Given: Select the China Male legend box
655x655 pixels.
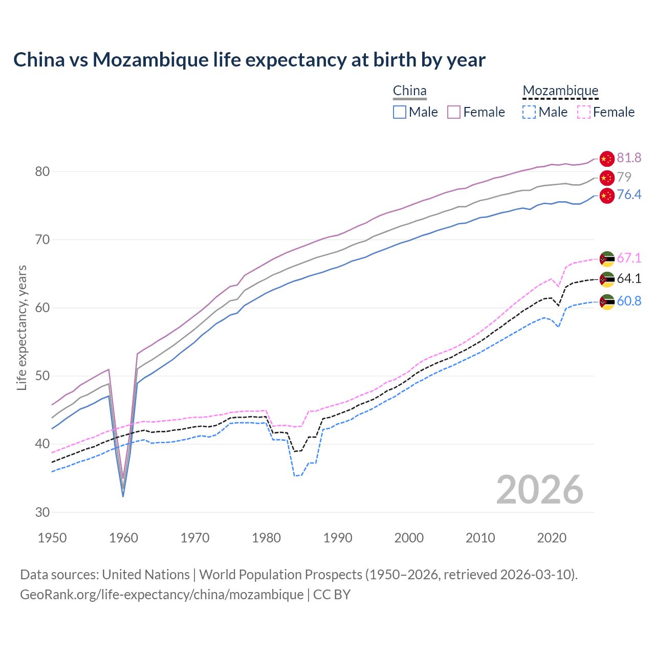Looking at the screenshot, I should click(x=400, y=112).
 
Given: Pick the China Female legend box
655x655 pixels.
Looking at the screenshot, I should click(x=454, y=112).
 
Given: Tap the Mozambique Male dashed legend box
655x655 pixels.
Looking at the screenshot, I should click(x=529, y=112).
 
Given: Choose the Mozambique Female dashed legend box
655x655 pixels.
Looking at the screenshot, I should click(x=583, y=112).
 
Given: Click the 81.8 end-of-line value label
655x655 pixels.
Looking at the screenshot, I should click(x=629, y=158).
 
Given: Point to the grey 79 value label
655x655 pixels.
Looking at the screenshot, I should click(x=624, y=177).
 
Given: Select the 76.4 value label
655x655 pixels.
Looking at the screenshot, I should click(x=629, y=195).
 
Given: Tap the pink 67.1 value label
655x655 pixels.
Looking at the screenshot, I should click(x=629, y=258).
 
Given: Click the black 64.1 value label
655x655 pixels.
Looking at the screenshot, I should click(x=629, y=279).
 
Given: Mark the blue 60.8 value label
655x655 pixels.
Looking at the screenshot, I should click(x=629, y=301).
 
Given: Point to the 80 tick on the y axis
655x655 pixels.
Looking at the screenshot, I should click(x=42, y=172).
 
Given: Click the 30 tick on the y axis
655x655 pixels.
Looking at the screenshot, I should click(x=42, y=512).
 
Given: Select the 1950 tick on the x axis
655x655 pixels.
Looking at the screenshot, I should click(x=53, y=538).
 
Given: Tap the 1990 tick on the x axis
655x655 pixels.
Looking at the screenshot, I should click(x=338, y=538).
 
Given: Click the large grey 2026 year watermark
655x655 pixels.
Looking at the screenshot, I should click(x=539, y=490).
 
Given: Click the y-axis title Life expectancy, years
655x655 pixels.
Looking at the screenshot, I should click(x=22, y=327).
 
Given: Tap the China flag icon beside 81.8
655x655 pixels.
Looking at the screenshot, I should click(x=606, y=159).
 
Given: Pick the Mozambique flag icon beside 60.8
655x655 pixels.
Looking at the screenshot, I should click(x=606, y=301).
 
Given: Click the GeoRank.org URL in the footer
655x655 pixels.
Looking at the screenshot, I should click(x=162, y=595).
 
